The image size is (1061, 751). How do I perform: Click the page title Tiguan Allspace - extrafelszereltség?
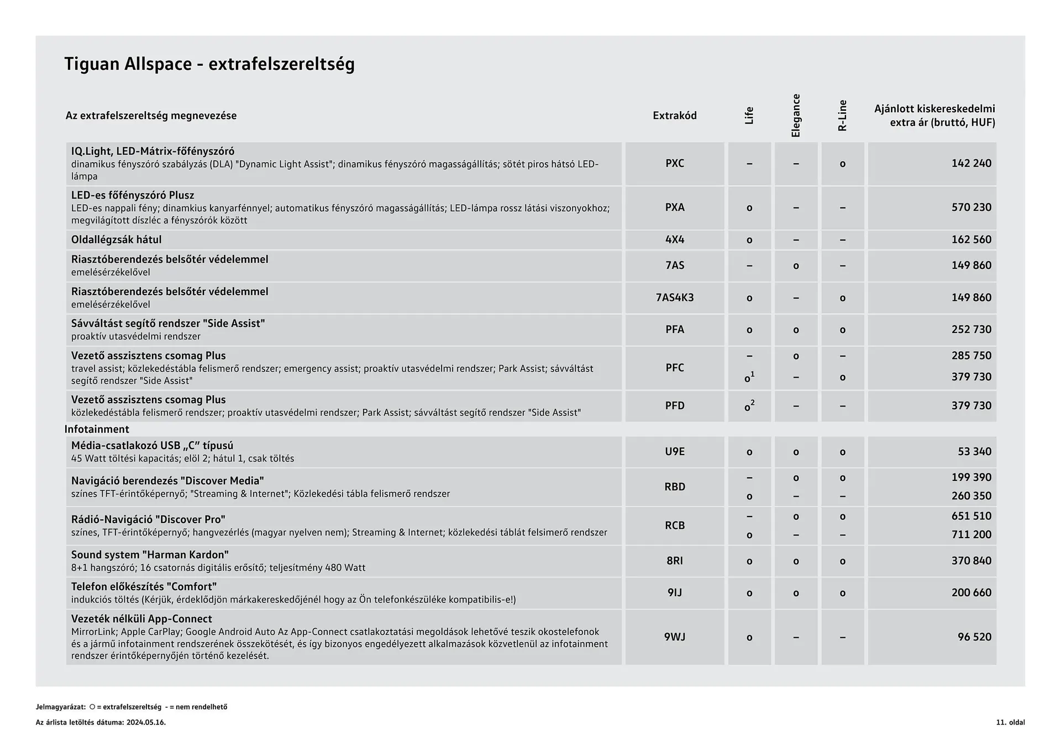tap(209, 64)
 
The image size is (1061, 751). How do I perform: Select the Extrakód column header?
tap(674, 116)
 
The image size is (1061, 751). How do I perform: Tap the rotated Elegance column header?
tap(796, 116)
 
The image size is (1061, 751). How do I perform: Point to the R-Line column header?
tap(842, 116)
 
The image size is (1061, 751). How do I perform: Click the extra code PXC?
tap(675, 163)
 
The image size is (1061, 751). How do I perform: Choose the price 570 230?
tap(971, 207)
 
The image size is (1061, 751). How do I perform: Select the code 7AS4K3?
tap(675, 298)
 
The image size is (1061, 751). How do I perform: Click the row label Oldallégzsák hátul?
tap(117, 239)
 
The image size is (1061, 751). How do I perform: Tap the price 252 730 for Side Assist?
tap(971, 330)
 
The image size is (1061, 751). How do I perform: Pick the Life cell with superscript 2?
tap(749, 406)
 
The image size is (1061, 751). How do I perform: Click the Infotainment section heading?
tap(97, 429)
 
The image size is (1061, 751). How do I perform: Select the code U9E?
tap(675, 452)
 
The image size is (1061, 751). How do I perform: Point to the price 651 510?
tap(971, 516)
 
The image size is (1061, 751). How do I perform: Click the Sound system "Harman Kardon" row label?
tap(150, 555)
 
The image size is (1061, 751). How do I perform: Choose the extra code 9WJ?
tap(675, 637)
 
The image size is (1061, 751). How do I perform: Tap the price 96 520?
tap(974, 637)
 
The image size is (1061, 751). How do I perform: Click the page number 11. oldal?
tap(1010, 722)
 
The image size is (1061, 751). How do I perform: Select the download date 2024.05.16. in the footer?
tap(146, 722)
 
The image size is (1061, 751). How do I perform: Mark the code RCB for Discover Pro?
tap(675, 525)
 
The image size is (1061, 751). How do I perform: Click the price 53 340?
tap(974, 452)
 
